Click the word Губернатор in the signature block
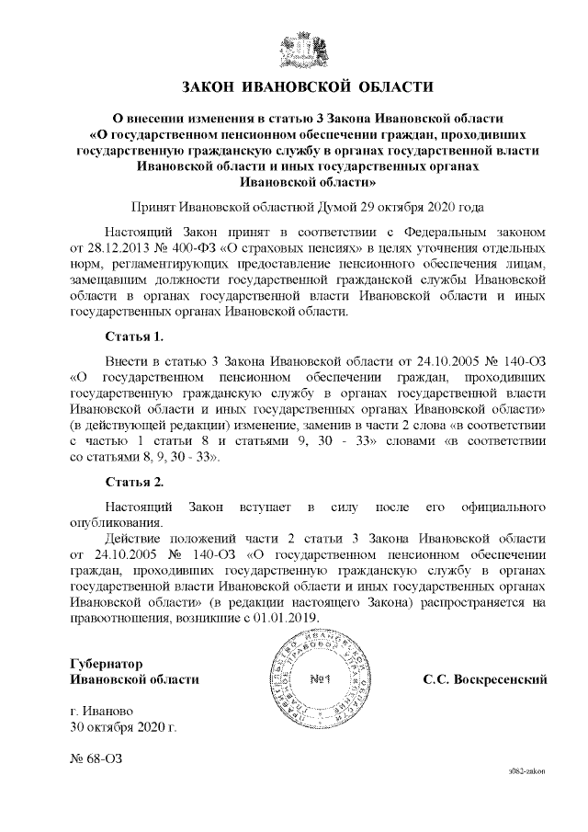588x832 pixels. pos(107,664)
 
